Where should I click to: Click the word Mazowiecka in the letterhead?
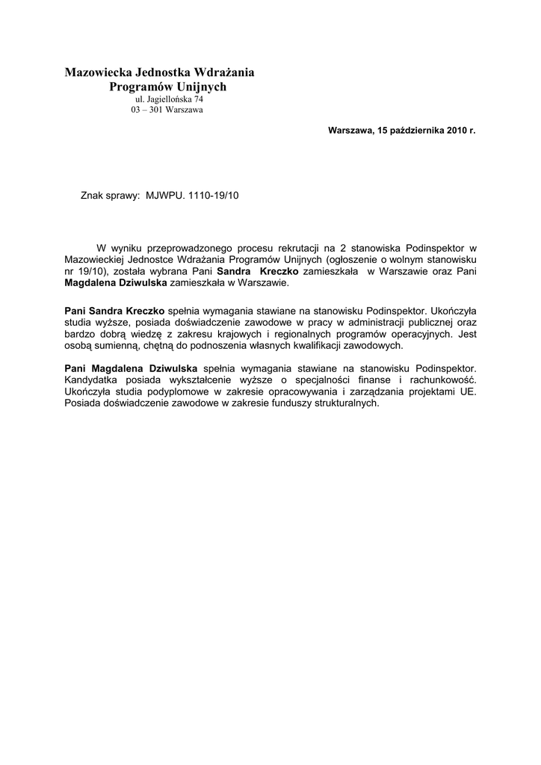pyautogui.click(x=97, y=73)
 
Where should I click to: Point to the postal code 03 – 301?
pyautogui.click(x=146, y=110)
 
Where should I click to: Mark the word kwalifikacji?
pyautogui.click(x=325, y=346)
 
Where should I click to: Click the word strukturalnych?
pyautogui.click(x=341, y=403)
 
